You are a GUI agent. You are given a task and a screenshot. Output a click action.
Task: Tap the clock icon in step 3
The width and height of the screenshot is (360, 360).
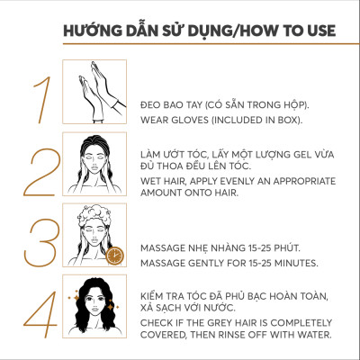pyautogui.click(x=113, y=256)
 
